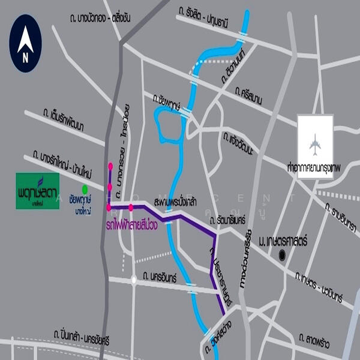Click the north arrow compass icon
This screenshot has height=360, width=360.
25,43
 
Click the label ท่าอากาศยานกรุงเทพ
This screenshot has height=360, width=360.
318,172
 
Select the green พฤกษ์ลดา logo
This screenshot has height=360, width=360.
37,191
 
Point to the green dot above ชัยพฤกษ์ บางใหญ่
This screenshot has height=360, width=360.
85,188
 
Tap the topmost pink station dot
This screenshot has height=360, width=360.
110,166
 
